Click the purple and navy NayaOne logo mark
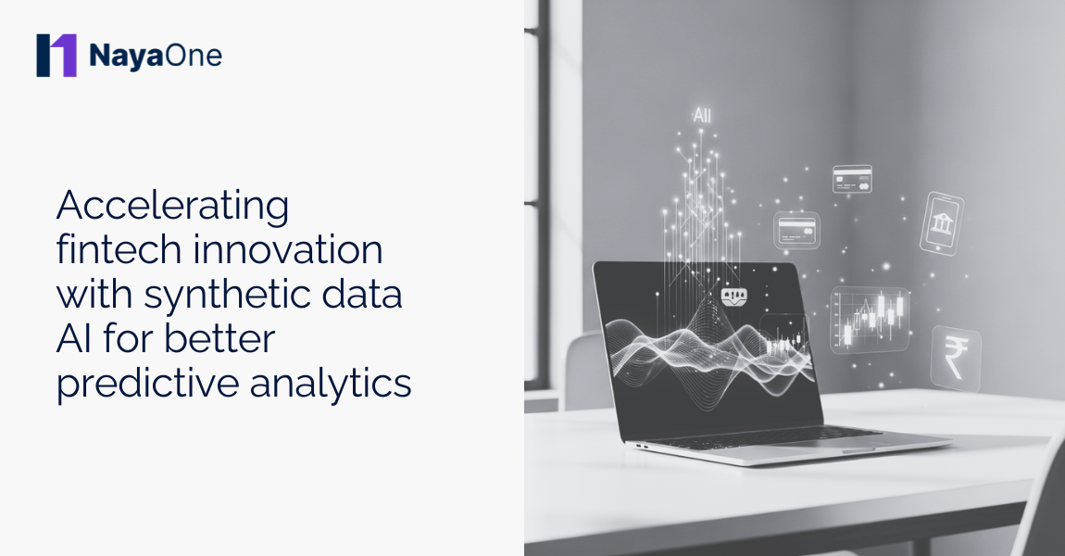tap(56, 56)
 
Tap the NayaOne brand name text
tap(156, 56)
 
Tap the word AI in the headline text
tap(74, 339)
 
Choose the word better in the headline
tap(219, 339)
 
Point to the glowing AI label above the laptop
tap(702, 117)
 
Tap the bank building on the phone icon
tap(942, 222)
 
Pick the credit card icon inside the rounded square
tap(796, 229)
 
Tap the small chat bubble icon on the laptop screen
tap(733, 297)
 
